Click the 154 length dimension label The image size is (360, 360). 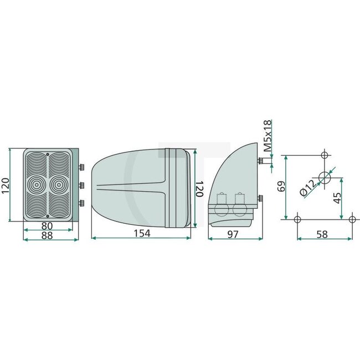[x=142, y=234]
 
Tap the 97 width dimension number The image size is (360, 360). [x=233, y=234]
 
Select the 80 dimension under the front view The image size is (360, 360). [x=47, y=226]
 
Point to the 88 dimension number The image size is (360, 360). [x=48, y=235]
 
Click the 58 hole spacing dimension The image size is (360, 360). [x=322, y=234]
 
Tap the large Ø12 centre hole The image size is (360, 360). [x=325, y=178]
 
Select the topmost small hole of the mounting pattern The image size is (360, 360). [x=325, y=153]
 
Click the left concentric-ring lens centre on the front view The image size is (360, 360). [x=38, y=183]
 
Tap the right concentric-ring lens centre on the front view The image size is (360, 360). [x=57, y=183]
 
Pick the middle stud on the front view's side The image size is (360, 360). [x=81, y=184]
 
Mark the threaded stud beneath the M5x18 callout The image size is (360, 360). [x=261, y=161]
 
